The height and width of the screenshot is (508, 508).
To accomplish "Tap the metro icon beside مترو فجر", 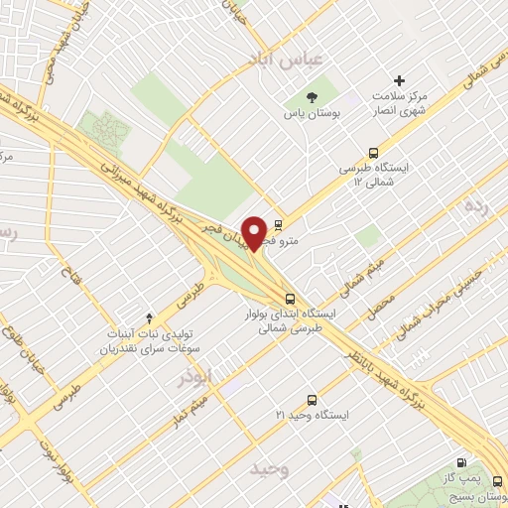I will pos(277,225).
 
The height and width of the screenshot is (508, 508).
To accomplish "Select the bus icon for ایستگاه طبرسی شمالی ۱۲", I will pos(372,154).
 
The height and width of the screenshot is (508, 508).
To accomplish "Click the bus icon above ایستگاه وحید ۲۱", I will pos(313,400).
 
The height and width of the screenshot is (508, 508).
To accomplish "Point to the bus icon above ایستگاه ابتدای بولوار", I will pos(289,298).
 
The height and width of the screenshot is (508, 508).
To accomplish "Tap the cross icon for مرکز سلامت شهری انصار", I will pos(400,80).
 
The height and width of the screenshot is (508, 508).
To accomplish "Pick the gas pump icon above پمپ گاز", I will pos(461,463).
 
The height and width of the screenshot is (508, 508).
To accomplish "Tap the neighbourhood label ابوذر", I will pos(196,377).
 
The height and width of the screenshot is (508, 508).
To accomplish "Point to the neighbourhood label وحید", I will pos(269,467).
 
